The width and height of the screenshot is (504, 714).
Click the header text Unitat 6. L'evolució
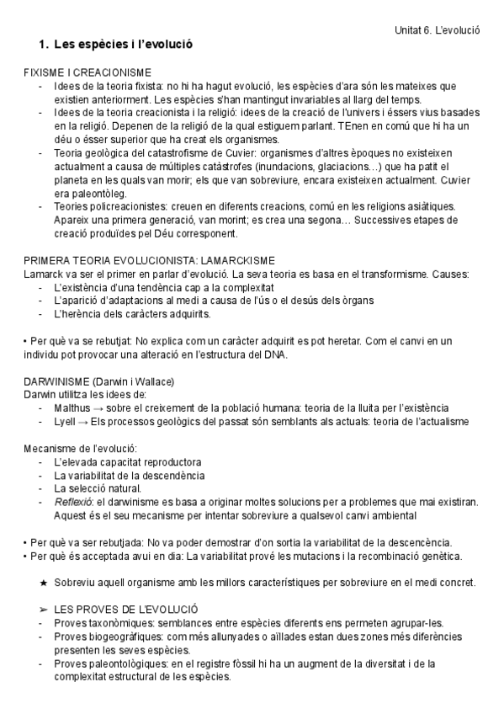[x=438, y=29]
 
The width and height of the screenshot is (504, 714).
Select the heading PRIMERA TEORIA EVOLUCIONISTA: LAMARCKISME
[x=149, y=260]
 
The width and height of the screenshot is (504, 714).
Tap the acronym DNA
[x=273, y=354]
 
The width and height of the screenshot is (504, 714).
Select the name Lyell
[x=65, y=421]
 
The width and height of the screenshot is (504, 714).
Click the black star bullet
[x=44, y=583]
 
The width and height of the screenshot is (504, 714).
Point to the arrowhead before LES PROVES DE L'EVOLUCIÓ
[x=44, y=609]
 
